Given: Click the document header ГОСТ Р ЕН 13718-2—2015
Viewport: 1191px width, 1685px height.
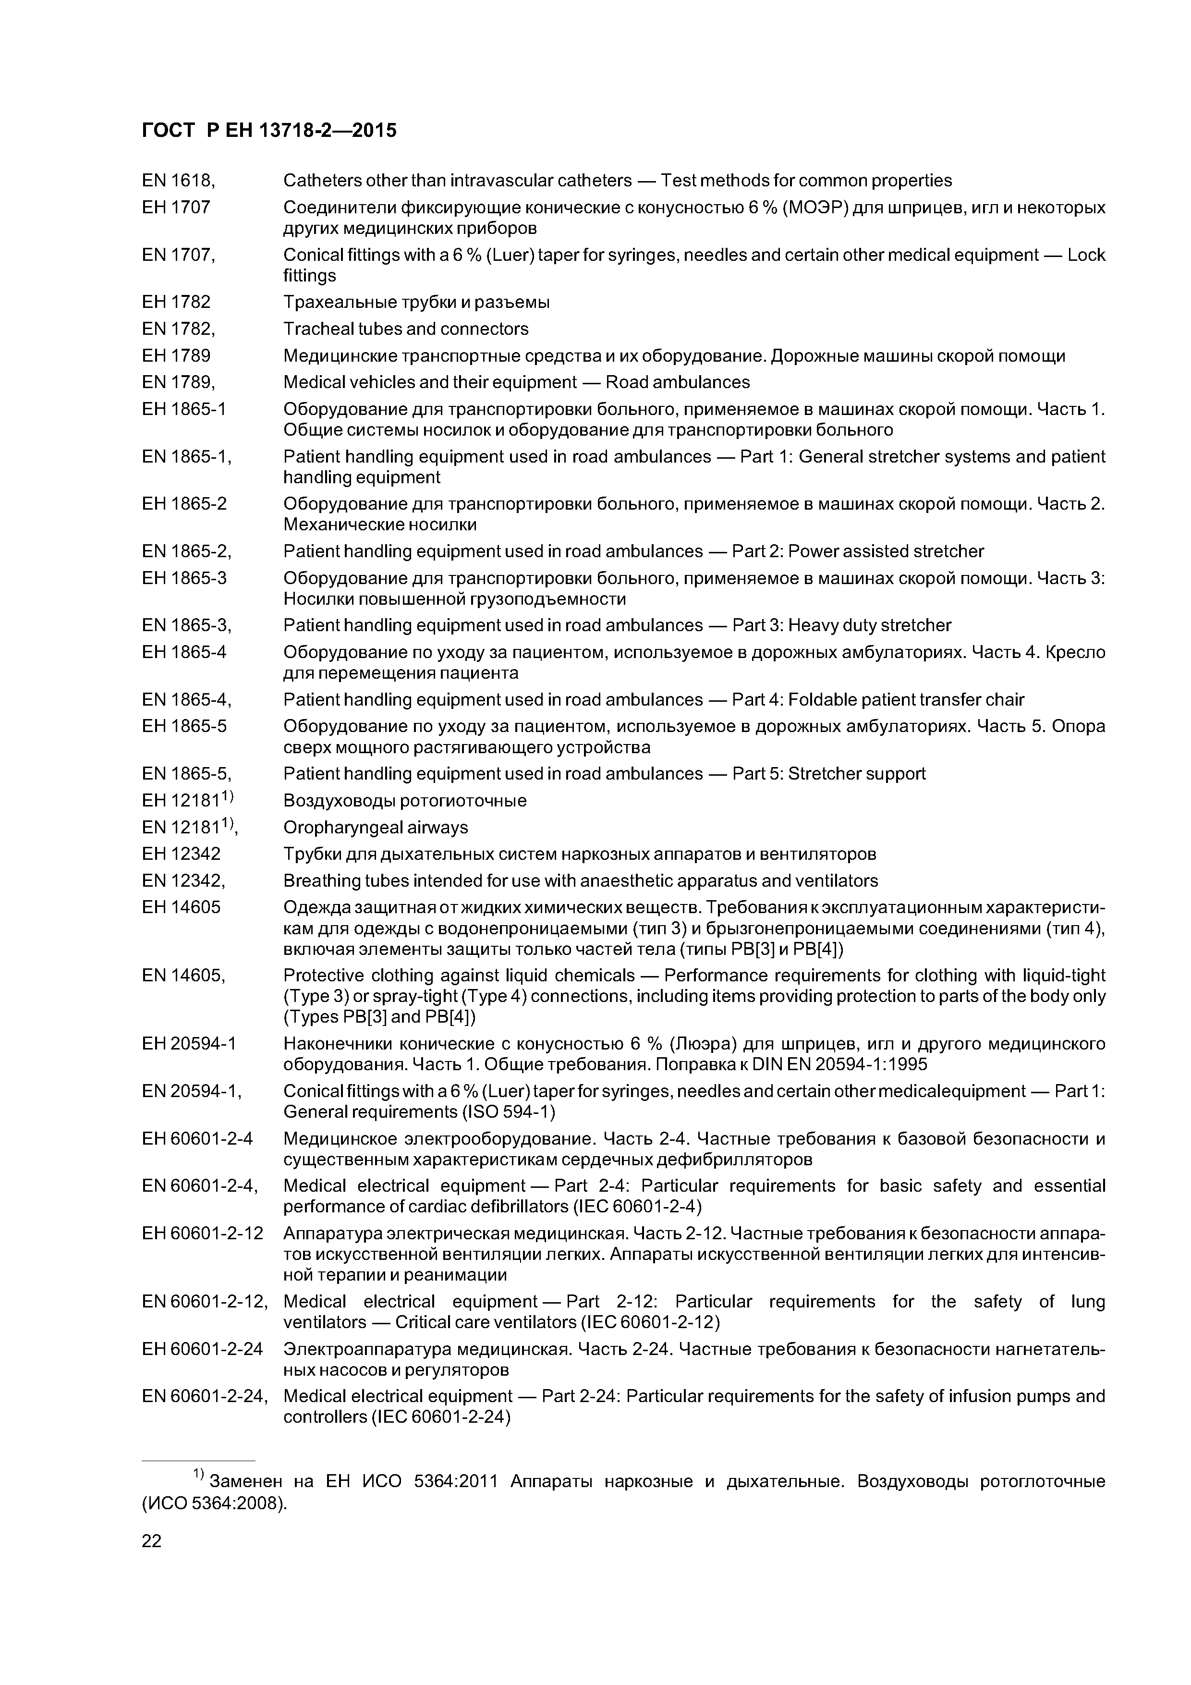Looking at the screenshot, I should (x=268, y=131).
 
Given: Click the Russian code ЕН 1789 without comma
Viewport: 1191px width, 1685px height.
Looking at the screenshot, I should (x=176, y=356).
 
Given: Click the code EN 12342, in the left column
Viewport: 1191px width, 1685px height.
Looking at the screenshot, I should (x=183, y=880).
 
